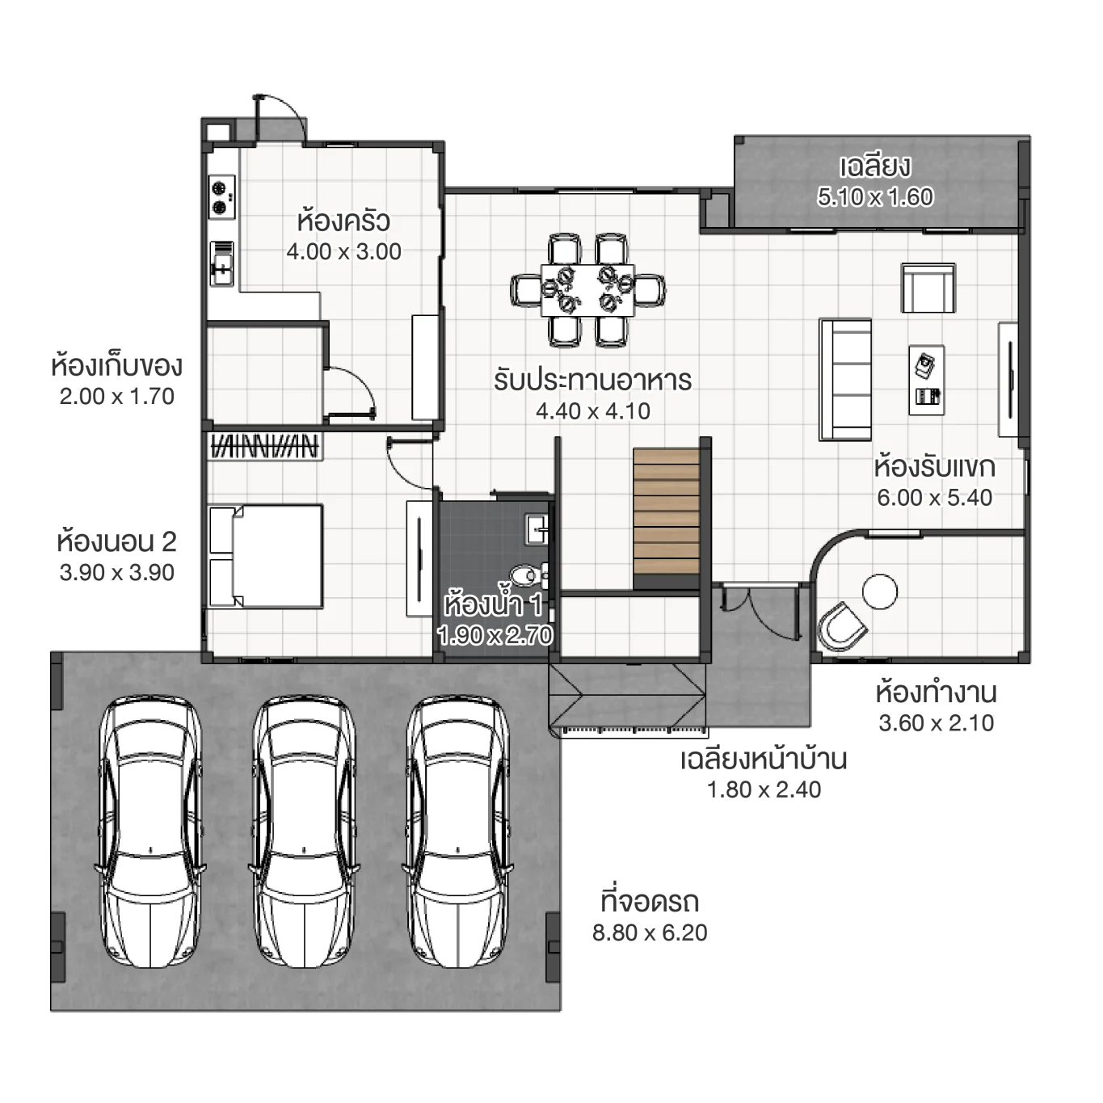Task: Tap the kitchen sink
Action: point(221,263)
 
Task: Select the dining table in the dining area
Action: point(587,289)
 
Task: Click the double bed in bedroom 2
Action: point(266,556)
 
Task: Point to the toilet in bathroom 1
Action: point(529,575)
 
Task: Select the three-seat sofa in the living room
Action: point(845,379)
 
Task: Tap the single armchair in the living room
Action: point(928,288)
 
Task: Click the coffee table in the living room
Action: point(926,380)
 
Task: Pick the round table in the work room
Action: point(879,591)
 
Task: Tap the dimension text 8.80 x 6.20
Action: point(650,932)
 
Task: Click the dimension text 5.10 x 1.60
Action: point(875,196)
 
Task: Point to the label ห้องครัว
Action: point(343,221)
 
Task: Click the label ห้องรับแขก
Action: point(934,467)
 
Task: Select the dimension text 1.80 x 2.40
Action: point(764,789)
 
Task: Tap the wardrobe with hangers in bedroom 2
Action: point(264,446)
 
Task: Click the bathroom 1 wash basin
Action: point(537,530)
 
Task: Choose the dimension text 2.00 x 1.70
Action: point(116,397)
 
